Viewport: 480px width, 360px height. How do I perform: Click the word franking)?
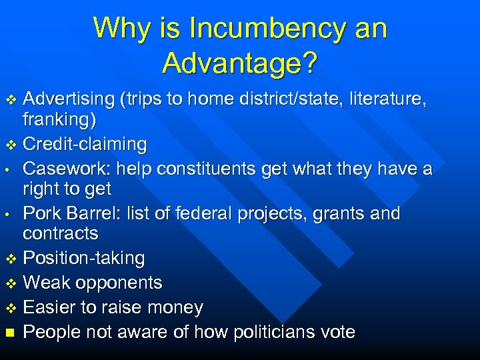tap(59, 120)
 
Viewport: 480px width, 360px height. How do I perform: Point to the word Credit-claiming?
tap(85, 144)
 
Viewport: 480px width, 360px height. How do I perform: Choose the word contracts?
tap(61, 233)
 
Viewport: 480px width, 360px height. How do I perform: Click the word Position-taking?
tap(84, 258)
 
